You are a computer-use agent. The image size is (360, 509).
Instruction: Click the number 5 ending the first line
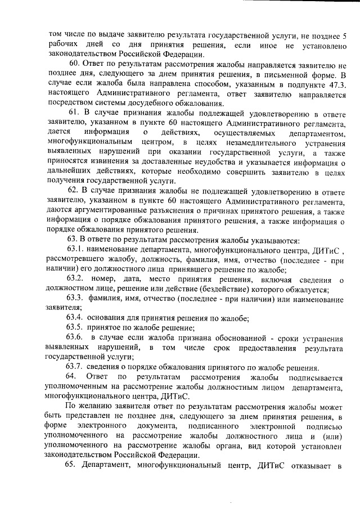[344, 35]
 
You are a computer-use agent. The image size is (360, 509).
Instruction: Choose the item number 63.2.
[76, 279]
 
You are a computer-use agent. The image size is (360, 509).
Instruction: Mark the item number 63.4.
[76, 318]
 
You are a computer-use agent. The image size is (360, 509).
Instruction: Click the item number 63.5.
[76, 328]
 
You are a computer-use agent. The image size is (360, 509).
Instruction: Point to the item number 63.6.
[76, 337]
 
